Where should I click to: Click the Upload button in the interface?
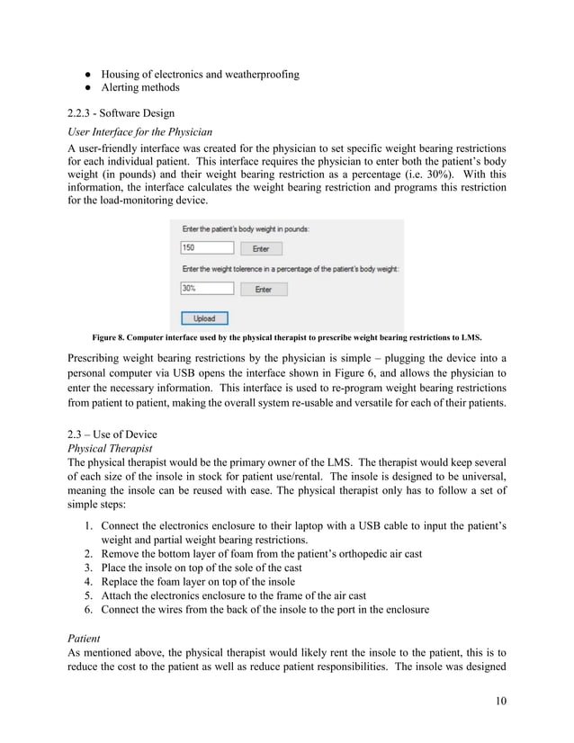pyautogui.click(x=203, y=318)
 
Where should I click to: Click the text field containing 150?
pyautogui.click(x=206, y=247)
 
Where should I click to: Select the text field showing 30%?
pyautogui.click(x=206, y=289)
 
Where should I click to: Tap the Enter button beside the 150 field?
pyautogui.click(x=260, y=248)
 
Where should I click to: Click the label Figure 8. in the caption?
pyautogui.click(x=111, y=338)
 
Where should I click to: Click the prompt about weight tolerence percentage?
pyautogui.click(x=290, y=268)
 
